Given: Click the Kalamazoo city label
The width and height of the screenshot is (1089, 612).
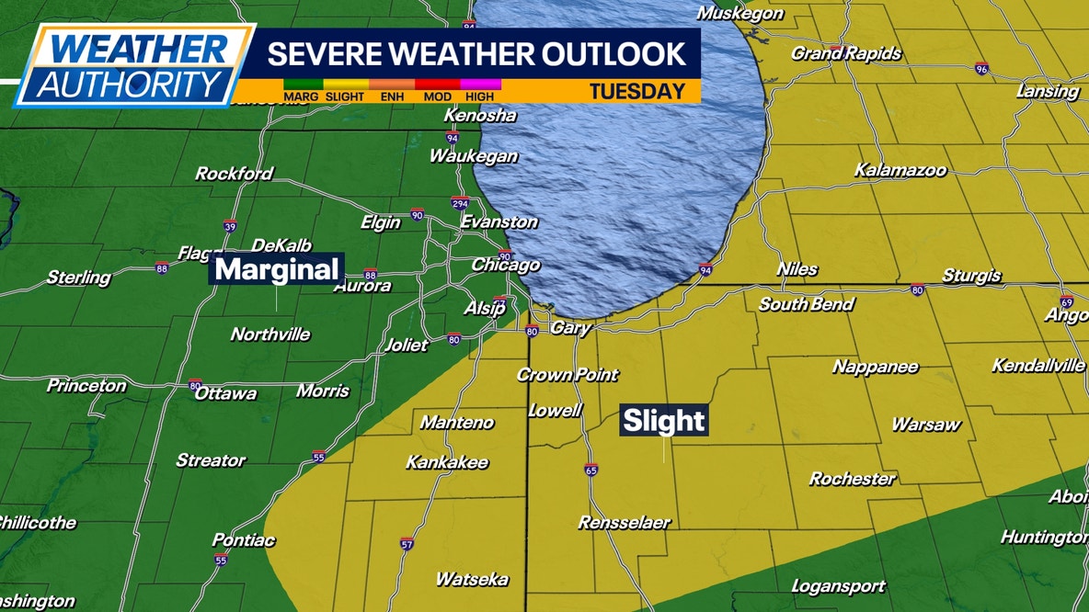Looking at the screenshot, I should click(900, 170).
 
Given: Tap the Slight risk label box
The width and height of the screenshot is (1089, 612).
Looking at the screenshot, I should click(664, 421).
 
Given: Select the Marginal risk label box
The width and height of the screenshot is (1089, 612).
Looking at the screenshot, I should click(278, 269).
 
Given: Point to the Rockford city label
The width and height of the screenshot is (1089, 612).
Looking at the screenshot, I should click(234, 173).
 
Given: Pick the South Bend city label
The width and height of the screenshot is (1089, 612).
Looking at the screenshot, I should click(806, 304).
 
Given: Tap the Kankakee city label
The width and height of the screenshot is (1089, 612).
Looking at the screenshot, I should click(447, 462).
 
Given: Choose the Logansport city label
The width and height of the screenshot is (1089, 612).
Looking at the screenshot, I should click(838, 586).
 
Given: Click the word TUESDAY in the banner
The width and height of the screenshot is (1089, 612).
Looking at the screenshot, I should click(637, 91).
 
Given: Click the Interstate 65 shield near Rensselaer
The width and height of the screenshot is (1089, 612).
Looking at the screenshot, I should click(590, 470).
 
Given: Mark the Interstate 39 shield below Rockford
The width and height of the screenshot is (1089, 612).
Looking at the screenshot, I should click(229, 226).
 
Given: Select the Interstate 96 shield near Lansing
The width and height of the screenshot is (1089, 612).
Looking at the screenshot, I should click(981, 67).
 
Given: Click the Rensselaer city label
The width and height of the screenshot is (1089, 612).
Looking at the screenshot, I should click(624, 523).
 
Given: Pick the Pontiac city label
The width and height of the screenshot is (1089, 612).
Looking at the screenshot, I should click(243, 539).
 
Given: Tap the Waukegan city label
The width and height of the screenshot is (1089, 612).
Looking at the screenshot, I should click(473, 156).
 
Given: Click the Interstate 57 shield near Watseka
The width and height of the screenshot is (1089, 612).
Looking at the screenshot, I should click(407, 544).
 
